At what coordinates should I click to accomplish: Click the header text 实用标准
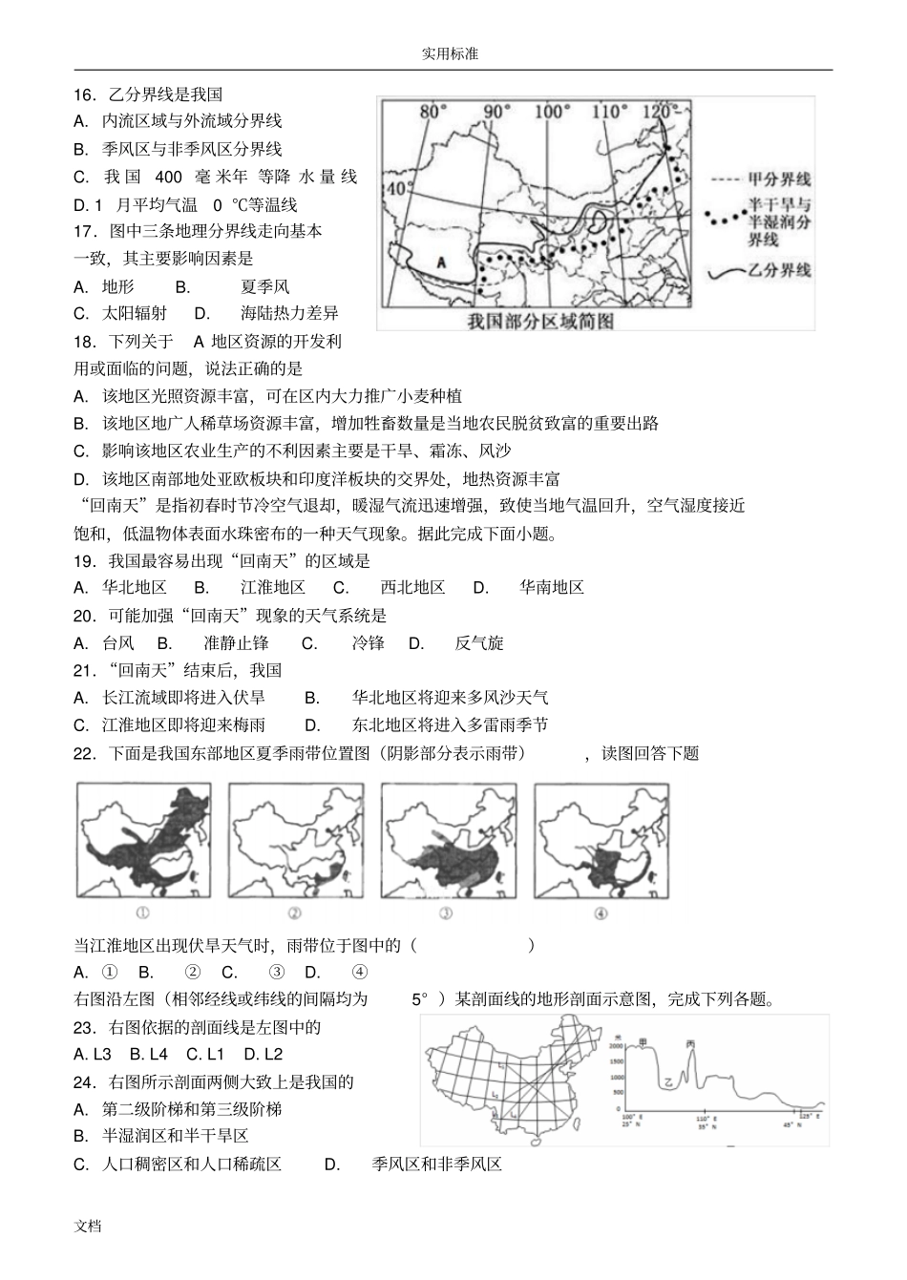point(450,54)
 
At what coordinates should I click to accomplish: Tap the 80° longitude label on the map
point(433,112)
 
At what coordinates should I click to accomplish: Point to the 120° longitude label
point(657,111)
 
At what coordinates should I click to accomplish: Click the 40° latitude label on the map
point(396,188)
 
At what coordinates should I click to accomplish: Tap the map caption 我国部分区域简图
point(539,321)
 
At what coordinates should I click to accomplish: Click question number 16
point(85,94)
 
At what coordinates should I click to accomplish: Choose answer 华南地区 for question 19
point(551,588)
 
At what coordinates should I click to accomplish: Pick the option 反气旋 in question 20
point(478,643)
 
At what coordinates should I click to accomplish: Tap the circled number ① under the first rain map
point(142,913)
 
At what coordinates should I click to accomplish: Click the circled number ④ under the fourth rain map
point(601,913)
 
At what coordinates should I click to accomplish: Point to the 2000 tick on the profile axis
point(615,1048)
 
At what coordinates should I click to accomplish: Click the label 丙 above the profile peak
point(690,1044)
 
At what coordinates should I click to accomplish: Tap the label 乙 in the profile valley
point(669,1082)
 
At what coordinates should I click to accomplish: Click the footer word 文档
point(88,1226)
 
